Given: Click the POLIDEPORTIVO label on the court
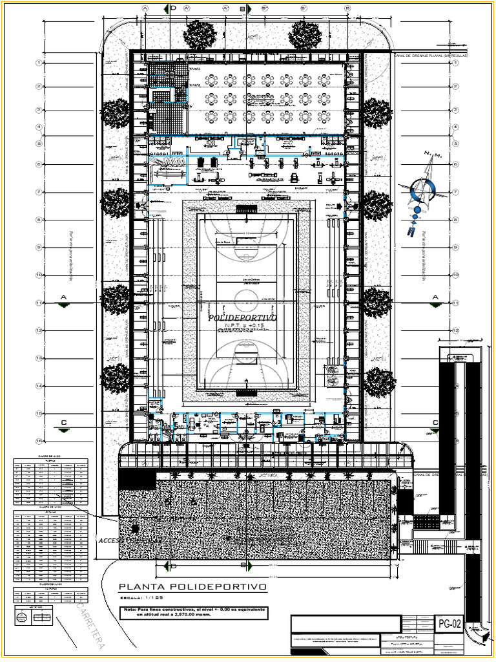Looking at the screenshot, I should [x=242, y=319].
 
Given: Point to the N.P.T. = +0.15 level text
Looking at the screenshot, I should [x=242, y=326].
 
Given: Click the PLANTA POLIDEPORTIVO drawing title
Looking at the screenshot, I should [x=192, y=587].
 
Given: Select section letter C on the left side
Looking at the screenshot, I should [x=63, y=422].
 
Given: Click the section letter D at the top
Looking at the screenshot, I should [x=173, y=8].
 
